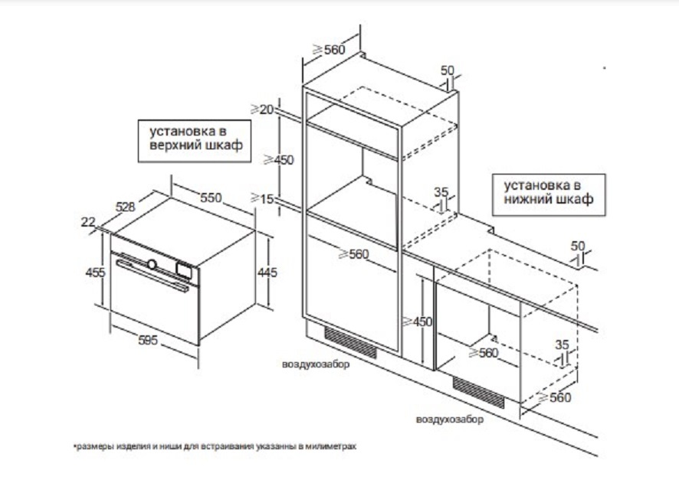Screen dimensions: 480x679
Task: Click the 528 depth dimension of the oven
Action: (125, 206)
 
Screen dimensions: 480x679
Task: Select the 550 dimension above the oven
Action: (211, 198)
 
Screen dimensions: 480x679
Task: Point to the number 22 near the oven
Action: (88, 222)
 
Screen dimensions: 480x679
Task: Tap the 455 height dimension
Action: (96, 272)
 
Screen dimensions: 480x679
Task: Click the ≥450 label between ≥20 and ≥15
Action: (278, 160)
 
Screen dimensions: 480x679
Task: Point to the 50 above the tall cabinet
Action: (448, 70)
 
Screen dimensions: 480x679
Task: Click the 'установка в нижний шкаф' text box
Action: (548, 193)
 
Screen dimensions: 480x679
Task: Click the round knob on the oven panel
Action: (153, 264)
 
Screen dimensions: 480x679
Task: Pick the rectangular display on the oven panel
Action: (183, 269)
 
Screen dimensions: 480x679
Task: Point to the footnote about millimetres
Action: (216, 445)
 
